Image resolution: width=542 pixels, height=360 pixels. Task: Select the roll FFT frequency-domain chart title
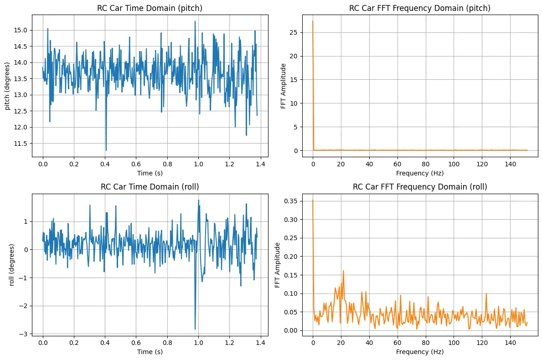[x=420, y=186]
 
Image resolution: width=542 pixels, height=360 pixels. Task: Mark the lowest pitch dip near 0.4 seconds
[x=106, y=150]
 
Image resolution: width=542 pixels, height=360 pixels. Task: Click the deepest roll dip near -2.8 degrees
[x=195, y=329]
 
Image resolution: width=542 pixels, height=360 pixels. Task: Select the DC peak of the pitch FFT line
[x=313, y=21]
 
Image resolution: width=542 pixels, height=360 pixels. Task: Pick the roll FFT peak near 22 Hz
[x=343, y=271]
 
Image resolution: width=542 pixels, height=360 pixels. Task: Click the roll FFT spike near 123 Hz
[x=486, y=293]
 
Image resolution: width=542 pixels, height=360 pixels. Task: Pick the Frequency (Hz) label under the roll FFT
[x=420, y=352]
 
